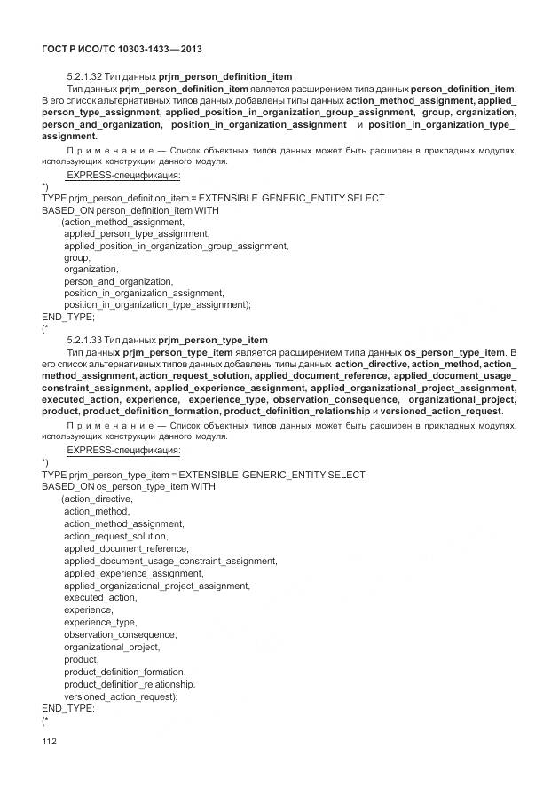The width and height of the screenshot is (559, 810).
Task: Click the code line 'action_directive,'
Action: (97, 499)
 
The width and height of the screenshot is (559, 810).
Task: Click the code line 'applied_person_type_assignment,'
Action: (137, 233)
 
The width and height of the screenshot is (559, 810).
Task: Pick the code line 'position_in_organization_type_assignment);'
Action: (158, 304)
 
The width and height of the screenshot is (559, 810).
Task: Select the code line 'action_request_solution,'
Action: (115, 536)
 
